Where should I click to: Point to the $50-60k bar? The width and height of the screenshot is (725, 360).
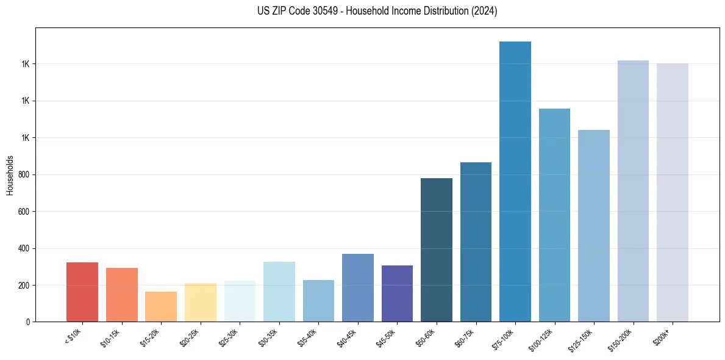click(437, 250)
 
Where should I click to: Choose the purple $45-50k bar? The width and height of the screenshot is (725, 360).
click(397, 293)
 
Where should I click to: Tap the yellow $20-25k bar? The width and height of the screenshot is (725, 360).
click(201, 302)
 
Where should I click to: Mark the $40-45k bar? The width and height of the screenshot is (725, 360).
click(358, 287)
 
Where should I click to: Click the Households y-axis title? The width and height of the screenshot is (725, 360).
click(10, 175)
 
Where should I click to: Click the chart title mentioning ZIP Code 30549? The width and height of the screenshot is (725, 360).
click(377, 11)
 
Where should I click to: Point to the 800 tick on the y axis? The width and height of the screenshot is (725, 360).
click(24, 175)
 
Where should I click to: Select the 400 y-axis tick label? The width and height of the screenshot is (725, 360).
click(24, 248)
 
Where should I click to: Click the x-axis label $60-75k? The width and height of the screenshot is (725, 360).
click(465, 337)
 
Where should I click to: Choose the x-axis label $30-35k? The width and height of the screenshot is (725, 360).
click(268, 337)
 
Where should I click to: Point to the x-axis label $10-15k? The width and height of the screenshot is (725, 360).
click(110, 337)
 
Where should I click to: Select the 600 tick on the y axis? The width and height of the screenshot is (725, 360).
click(24, 212)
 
